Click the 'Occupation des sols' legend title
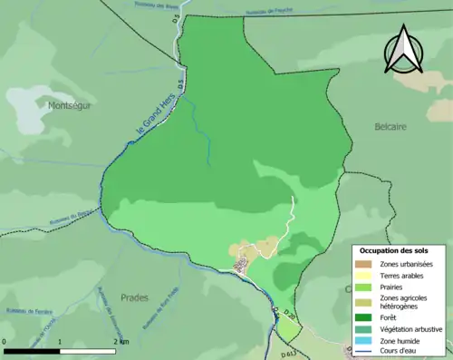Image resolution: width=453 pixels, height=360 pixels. click(394, 250)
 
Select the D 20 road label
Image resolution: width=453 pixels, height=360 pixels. click(289, 316)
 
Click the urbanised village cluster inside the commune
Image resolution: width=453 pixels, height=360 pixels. click(241, 264)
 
